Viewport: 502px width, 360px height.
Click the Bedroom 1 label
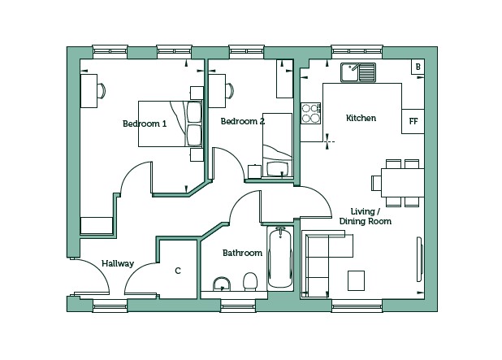[x=145, y=124]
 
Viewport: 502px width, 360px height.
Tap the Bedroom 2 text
[x=243, y=121]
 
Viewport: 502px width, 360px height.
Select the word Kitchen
[x=361, y=118]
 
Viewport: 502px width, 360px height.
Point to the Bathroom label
[x=242, y=253]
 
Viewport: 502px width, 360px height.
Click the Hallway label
[x=118, y=263]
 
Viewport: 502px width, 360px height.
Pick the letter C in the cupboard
[x=178, y=271]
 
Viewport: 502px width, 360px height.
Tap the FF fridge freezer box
[x=413, y=121]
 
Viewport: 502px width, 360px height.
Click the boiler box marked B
[x=418, y=67]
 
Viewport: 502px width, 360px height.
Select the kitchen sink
[x=358, y=72]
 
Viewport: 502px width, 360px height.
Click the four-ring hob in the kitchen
[x=311, y=113]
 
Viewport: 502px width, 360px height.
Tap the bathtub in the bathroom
[x=280, y=258]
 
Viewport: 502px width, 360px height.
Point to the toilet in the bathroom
[x=249, y=281]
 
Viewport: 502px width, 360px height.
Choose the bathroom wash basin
[x=222, y=284]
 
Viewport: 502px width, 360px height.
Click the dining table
[x=402, y=183]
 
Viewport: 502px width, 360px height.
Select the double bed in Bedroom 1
[x=171, y=124]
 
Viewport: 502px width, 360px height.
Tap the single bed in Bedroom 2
[x=277, y=145]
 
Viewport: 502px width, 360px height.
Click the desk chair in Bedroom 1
[x=101, y=91]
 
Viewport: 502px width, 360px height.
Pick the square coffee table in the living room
[x=356, y=280]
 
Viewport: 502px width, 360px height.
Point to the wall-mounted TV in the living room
[x=420, y=259]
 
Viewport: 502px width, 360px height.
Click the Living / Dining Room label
[x=366, y=216]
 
